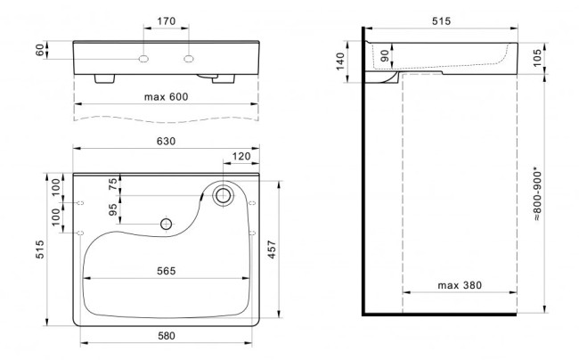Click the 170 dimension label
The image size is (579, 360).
point(167,21)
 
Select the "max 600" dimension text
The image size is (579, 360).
point(167,97)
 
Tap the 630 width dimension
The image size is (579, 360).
point(167,141)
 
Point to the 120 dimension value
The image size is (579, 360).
point(241,157)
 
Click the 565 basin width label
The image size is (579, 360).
point(167,271)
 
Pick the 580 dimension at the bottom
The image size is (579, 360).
point(167,336)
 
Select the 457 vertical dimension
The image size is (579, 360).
point(272,250)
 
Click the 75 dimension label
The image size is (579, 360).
point(113,184)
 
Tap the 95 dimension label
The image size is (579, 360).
point(113,209)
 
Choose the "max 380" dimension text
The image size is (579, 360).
point(460,285)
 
